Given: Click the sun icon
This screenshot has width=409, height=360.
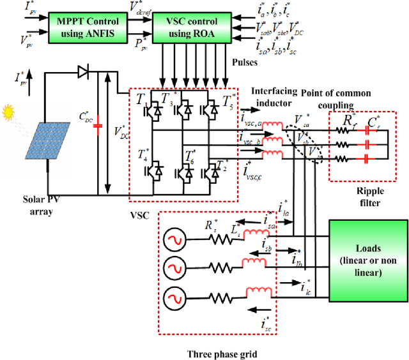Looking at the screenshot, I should click(x=8, y=113).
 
